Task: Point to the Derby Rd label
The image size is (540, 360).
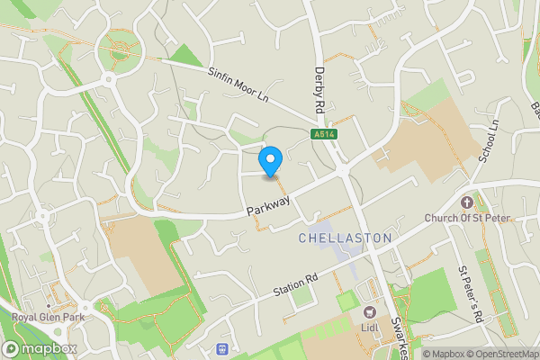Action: point(319,88)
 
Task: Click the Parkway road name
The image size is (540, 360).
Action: point(269,206)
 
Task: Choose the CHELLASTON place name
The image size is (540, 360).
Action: point(345,238)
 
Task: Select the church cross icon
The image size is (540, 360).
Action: point(466,202)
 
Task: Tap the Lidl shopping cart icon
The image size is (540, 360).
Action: point(369,311)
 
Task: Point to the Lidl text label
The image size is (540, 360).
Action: point(369,326)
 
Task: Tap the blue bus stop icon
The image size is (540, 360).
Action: point(222,348)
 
